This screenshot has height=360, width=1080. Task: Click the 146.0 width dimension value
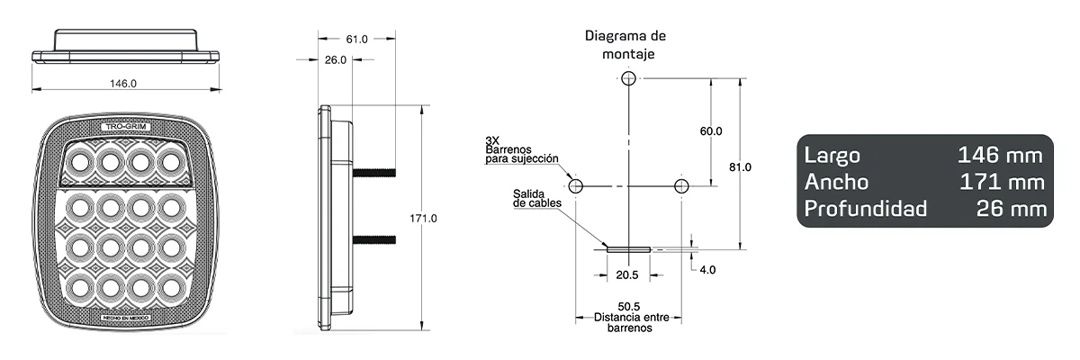pos(123,83)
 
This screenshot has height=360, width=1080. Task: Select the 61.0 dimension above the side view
pos(356,39)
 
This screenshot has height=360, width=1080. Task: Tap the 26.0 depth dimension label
pos(335,60)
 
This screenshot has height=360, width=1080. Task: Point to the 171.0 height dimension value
pos(423,219)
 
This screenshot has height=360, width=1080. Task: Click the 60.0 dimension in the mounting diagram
pos(711,131)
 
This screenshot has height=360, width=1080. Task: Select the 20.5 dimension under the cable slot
pos(626,274)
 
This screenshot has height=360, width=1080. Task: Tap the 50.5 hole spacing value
pos(627,307)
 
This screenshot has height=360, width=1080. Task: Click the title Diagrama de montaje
pos(625,44)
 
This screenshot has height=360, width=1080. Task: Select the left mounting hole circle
pos(576,186)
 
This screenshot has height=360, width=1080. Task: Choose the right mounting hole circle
pos(681,186)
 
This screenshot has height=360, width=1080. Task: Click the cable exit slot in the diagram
pos(626,247)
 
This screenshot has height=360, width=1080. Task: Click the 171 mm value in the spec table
pos(1001,182)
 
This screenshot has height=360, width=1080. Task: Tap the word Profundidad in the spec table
pos(865,210)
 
